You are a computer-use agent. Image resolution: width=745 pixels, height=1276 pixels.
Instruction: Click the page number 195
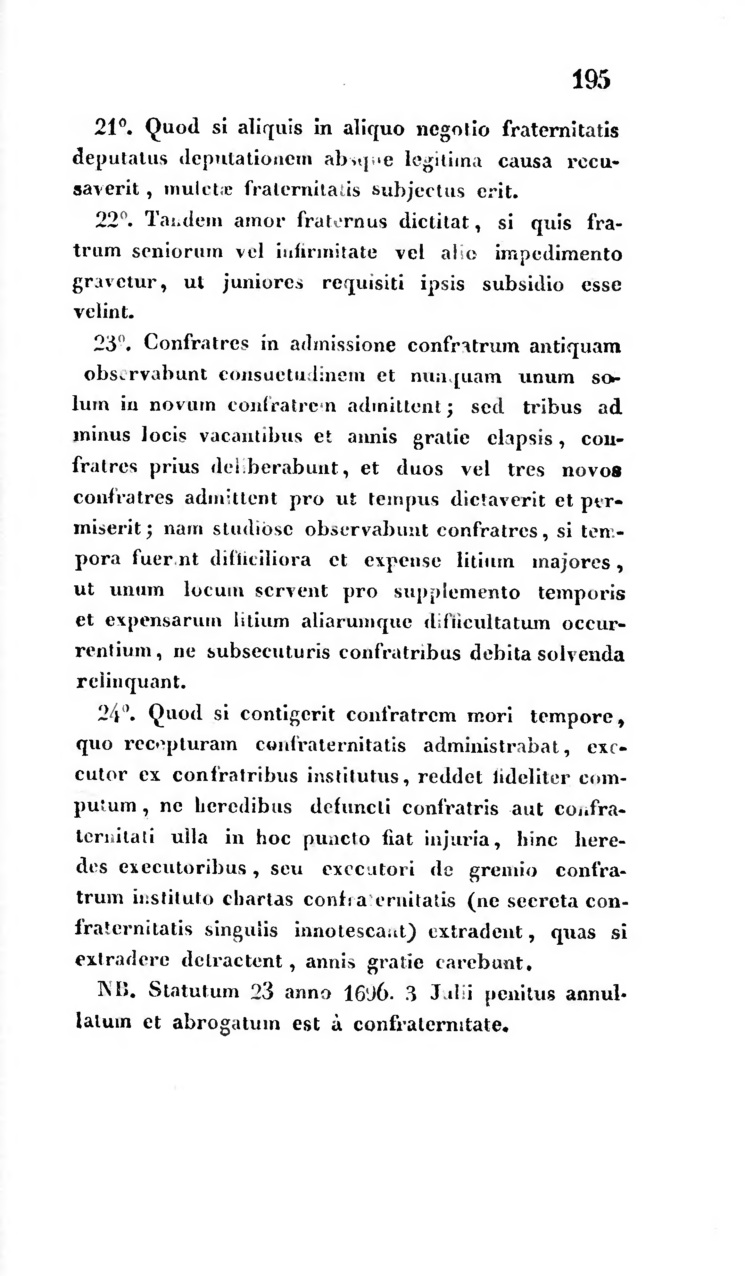pyautogui.click(x=591, y=79)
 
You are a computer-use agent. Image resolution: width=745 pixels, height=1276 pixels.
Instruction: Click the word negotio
pyautogui.click(x=452, y=131)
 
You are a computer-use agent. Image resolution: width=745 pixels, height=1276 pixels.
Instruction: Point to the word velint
pyautogui.click(x=104, y=312)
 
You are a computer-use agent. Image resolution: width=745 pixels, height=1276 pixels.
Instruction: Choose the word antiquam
pyautogui.click(x=575, y=346)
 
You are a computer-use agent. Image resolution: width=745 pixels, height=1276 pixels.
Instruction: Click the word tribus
pyautogui.click(x=552, y=407)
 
